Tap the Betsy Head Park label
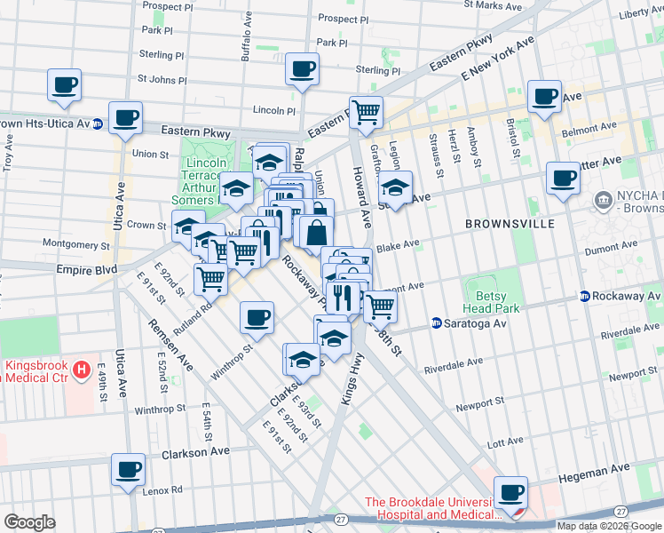(492, 302)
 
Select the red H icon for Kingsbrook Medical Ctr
(82, 368)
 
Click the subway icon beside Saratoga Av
(436, 323)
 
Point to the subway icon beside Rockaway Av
(585, 296)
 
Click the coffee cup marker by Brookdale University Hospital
(510, 492)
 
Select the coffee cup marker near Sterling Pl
(302, 68)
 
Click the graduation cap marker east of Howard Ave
(394, 189)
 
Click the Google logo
(29, 522)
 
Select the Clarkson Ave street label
(195, 453)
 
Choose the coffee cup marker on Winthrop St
(257, 317)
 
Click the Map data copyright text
(608, 525)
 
